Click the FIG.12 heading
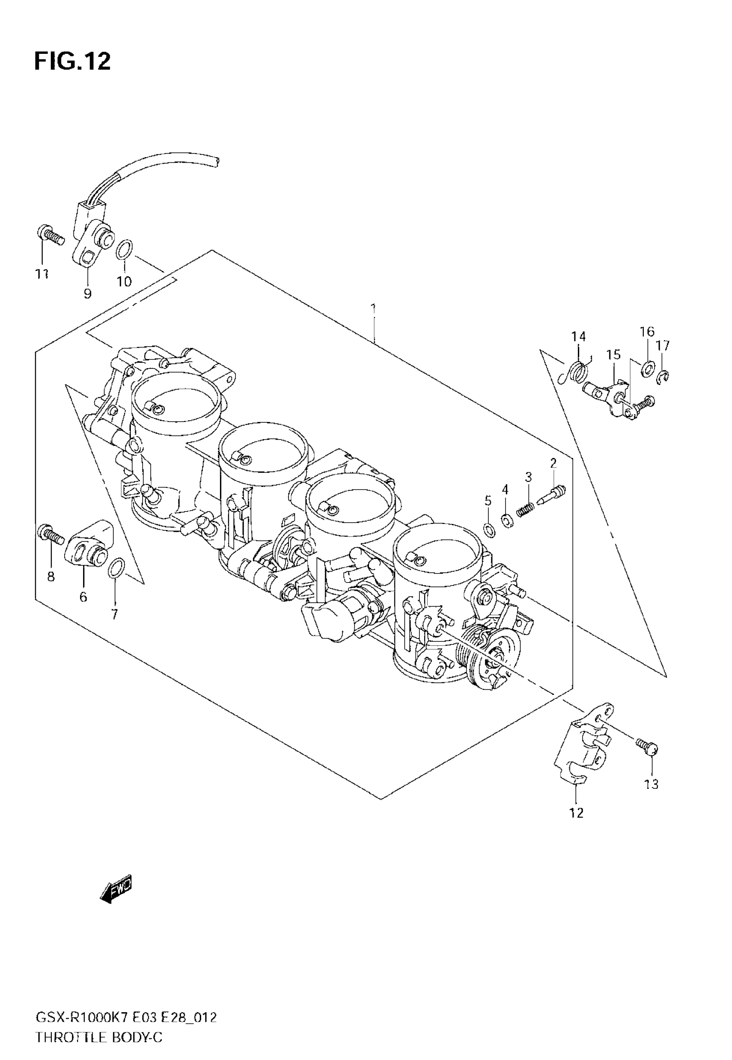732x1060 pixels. (72, 62)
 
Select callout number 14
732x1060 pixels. (578, 337)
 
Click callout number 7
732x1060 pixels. (115, 614)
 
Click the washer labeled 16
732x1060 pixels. (647, 367)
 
